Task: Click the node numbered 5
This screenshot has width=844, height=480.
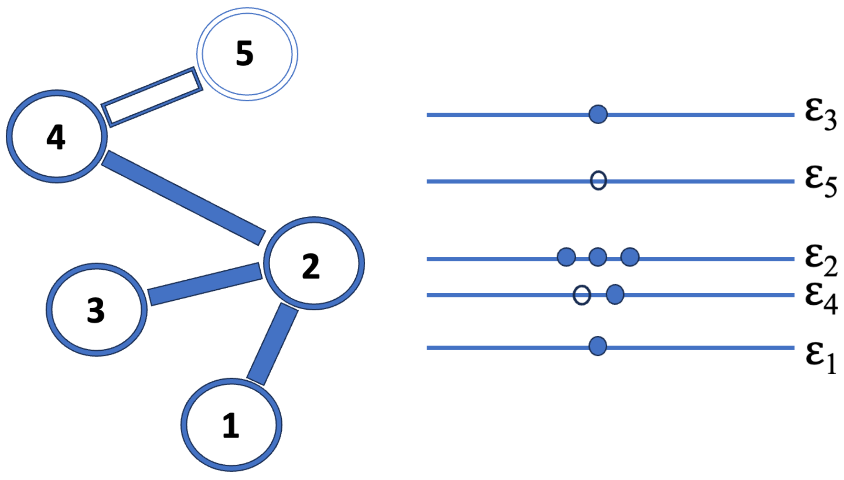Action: pyautogui.click(x=247, y=54)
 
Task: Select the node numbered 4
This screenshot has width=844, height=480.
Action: pyautogui.click(x=57, y=136)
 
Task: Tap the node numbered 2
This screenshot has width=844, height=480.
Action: pyautogui.click(x=314, y=263)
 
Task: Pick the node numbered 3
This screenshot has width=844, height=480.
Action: pyautogui.click(x=96, y=310)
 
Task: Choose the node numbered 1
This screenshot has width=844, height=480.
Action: pyautogui.click(x=231, y=425)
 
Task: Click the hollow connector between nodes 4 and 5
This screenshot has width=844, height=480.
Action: pyautogui.click(x=152, y=97)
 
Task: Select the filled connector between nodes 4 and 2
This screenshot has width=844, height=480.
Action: pyautogui.click(x=184, y=198)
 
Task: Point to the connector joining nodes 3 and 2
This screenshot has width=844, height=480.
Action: pyautogui.click(x=205, y=284)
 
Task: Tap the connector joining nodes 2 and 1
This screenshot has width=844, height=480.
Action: pyautogui.click(x=272, y=344)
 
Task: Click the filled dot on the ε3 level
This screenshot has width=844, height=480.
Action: pyautogui.click(x=598, y=114)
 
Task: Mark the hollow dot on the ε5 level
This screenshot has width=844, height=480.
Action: pyautogui.click(x=598, y=181)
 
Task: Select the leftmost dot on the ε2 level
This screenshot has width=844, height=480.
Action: pyautogui.click(x=566, y=257)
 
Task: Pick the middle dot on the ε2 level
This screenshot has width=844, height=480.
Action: pyautogui.click(x=598, y=257)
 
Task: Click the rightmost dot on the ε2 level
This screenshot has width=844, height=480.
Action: pyautogui.click(x=630, y=257)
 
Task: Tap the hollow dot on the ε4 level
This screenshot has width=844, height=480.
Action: pyautogui.click(x=582, y=295)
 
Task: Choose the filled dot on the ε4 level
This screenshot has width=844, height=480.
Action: pyautogui.click(x=615, y=295)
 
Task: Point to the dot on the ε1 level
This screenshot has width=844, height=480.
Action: pyautogui.click(x=598, y=346)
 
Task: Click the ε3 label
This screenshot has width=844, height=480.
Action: pyautogui.click(x=820, y=114)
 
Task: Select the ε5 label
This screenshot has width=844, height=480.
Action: pyautogui.click(x=820, y=181)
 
